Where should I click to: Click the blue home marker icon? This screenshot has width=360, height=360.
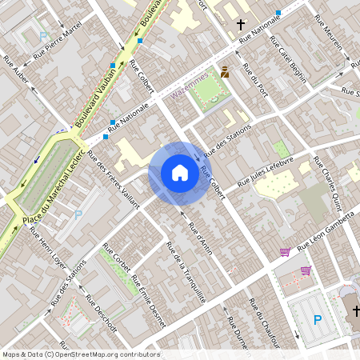179,173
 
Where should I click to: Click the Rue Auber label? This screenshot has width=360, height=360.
16,70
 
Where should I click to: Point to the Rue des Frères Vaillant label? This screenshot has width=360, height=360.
112,178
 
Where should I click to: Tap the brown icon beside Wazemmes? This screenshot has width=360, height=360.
224,72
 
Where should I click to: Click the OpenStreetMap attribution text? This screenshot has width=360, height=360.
80,354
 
